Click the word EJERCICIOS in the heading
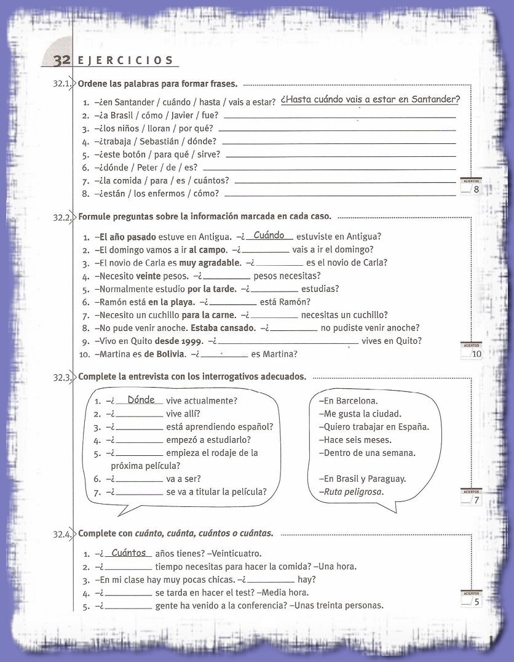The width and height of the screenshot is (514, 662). click(125, 60)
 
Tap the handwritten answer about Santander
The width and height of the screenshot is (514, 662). click(370, 100)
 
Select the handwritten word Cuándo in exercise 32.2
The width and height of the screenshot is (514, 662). click(269, 235)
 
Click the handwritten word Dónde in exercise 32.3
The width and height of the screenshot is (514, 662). click(141, 400)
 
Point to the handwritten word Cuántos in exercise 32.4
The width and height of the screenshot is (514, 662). click(128, 552)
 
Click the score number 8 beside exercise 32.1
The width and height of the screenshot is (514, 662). click(476, 189)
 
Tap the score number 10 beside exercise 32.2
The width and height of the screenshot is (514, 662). click(476, 354)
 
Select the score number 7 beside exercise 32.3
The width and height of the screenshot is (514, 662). click(476, 500)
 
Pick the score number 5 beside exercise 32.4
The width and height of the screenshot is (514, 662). click(476, 602)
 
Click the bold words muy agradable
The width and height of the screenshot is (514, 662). click(214, 263)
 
